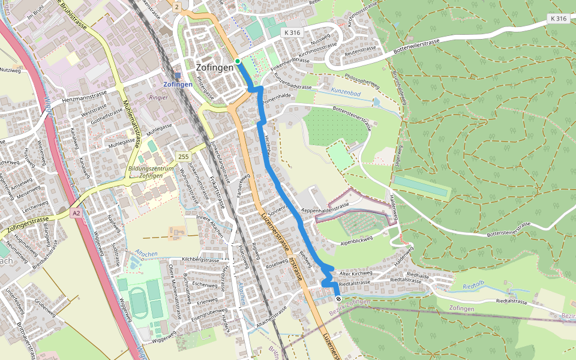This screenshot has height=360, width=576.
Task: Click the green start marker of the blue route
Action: tap(238, 61)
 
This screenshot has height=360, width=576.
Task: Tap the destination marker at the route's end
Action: tap(338, 299)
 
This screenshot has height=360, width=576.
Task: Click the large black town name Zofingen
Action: tap(214, 68)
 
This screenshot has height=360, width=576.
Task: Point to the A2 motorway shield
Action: tap(76, 213)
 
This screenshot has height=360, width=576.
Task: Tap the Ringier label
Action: tap(158, 97)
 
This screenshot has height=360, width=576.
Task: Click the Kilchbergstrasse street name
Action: tap(200, 260)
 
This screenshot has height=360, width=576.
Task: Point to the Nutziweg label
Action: tap(10, 70)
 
